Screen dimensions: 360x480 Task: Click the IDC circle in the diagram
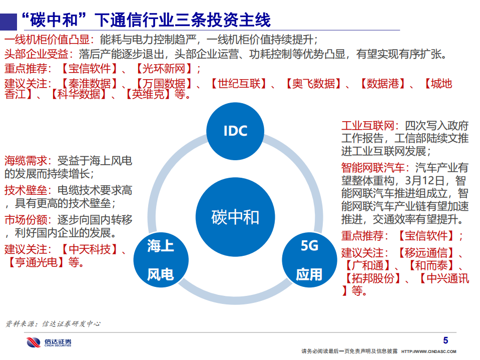tap(235, 131)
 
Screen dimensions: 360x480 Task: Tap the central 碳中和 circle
tap(235, 217)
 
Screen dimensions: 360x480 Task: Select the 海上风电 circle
tap(160, 259)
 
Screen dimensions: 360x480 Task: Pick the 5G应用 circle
tap(309, 259)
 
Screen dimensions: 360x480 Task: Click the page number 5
tap(446, 340)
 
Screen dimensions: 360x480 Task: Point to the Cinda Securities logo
tap(49, 342)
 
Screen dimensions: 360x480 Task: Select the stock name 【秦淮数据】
tap(91, 84)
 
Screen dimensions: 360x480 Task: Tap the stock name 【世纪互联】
tap(238, 84)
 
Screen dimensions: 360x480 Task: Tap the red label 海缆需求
tap(27, 161)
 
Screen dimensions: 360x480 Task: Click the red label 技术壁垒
tap(27, 190)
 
